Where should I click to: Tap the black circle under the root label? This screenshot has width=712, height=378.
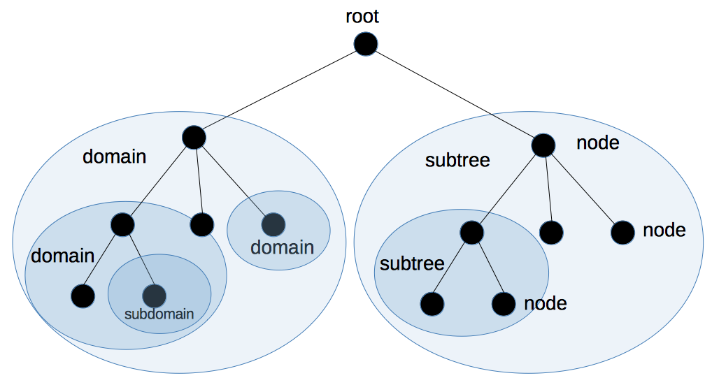click(x=365, y=45)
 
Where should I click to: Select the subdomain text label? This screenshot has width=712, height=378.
click(x=159, y=314)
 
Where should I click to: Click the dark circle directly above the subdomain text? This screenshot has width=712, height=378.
click(x=154, y=296)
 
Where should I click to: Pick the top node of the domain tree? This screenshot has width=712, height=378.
click(x=194, y=137)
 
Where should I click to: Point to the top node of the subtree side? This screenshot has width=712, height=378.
click(x=543, y=145)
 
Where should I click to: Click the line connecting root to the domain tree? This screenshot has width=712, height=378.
click(x=280, y=91)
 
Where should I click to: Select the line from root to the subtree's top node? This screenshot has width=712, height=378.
click(x=455, y=95)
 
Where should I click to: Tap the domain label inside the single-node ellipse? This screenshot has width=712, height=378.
click(x=282, y=247)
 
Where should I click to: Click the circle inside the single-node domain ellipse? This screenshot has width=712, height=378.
click(x=273, y=224)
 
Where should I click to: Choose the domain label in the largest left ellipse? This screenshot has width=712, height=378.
click(x=115, y=157)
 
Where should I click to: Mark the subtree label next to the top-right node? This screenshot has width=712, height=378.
click(x=457, y=161)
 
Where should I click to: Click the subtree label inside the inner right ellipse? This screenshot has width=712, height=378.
click(x=412, y=264)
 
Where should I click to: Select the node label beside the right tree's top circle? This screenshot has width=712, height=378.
click(x=598, y=143)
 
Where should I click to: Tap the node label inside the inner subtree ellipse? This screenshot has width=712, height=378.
click(x=545, y=303)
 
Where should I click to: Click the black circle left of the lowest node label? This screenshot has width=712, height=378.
click(x=504, y=303)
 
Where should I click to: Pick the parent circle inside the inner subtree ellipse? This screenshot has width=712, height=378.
click(x=472, y=232)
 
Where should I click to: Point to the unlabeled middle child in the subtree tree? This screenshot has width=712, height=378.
click(x=551, y=232)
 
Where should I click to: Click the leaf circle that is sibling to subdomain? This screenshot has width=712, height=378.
click(x=83, y=296)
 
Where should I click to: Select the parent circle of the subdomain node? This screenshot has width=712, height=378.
click(x=122, y=224)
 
